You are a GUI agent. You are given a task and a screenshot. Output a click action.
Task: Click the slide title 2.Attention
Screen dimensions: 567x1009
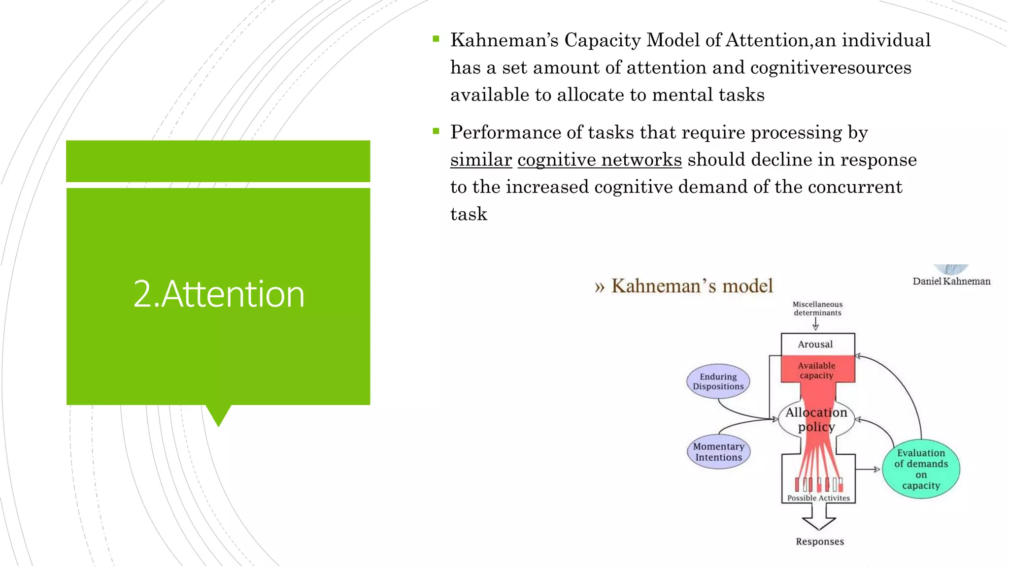[219, 294]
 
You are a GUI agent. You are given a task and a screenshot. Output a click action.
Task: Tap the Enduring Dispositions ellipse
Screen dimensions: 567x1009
[718, 381]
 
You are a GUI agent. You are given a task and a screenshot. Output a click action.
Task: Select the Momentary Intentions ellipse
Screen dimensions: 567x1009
[718, 452]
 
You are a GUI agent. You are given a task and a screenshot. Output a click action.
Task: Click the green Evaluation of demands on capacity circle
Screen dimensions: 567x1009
[921, 469]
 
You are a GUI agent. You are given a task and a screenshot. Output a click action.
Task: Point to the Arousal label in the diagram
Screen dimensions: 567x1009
[815, 345]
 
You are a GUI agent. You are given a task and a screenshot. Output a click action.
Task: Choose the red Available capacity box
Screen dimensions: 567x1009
[817, 370]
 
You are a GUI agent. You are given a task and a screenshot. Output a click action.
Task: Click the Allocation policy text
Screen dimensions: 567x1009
[816, 419]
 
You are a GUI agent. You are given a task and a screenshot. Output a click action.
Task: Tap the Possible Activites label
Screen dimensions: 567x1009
[818, 498]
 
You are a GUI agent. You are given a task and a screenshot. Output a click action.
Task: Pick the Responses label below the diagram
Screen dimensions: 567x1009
[820, 541]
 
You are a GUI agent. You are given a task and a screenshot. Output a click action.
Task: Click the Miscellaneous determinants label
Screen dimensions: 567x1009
[817, 309]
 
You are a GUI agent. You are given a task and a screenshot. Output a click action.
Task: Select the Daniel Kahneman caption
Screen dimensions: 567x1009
[951, 282]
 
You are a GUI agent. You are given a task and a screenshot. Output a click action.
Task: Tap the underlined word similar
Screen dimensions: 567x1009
[481, 159]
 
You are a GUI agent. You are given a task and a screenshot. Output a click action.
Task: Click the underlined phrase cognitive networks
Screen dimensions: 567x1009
[600, 159]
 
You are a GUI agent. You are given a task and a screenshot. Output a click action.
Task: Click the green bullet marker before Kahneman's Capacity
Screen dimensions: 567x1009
[436, 39]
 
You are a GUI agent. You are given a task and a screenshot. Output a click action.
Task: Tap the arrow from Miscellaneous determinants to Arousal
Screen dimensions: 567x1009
[816, 324]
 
